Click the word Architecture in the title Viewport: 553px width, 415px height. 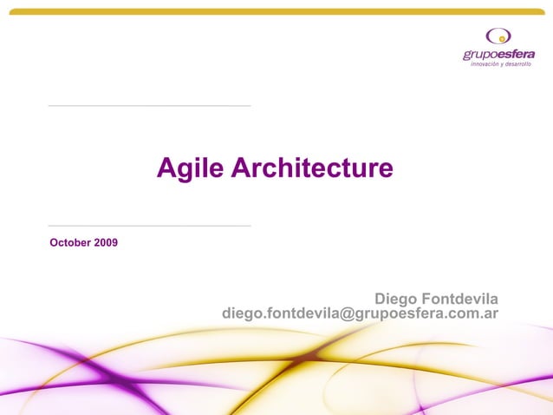click(312, 168)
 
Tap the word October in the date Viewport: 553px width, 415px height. click(70, 241)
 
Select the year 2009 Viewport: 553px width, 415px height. click(106, 241)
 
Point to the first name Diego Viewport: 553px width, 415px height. click(394, 299)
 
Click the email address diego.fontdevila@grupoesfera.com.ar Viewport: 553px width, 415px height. click(360, 313)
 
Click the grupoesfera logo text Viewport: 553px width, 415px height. click(498, 55)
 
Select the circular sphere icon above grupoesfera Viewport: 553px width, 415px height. click(498, 36)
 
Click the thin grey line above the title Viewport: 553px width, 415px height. click(149, 106)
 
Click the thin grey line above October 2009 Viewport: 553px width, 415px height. click(149, 226)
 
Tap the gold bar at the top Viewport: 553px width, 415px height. click(276, 12)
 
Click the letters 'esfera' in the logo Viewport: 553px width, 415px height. click(516, 55)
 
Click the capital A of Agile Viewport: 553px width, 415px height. click(166, 168)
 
